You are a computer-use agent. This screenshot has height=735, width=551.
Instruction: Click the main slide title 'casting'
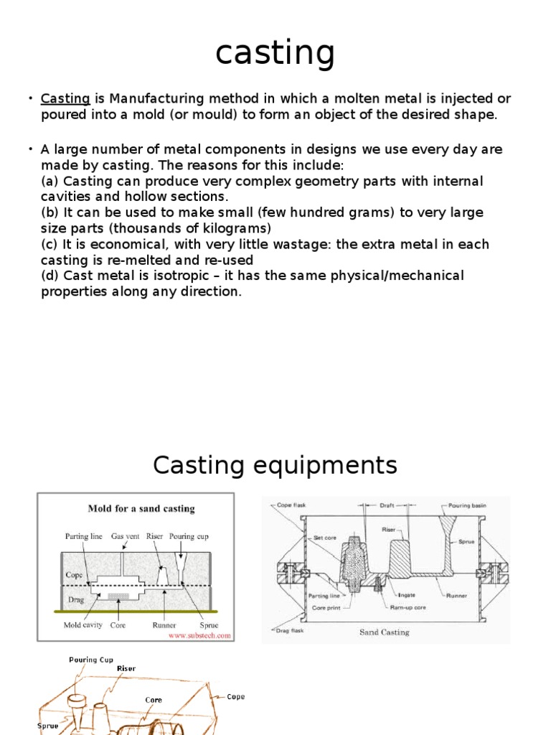click(x=275, y=52)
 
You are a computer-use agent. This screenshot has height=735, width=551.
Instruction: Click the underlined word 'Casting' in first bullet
click(x=65, y=99)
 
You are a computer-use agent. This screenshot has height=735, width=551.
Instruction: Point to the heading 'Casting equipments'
click(x=275, y=466)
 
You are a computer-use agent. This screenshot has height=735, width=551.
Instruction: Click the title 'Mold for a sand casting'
click(x=141, y=509)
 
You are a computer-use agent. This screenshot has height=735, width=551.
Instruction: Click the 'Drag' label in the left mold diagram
click(x=75, y=594)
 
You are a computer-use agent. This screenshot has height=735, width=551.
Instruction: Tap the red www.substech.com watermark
click(x=200, y=635)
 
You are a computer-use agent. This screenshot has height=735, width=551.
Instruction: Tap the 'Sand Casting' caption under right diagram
click(x=384, y=632)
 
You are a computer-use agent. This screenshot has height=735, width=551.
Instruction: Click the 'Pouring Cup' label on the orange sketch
click(x=90, y=659)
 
